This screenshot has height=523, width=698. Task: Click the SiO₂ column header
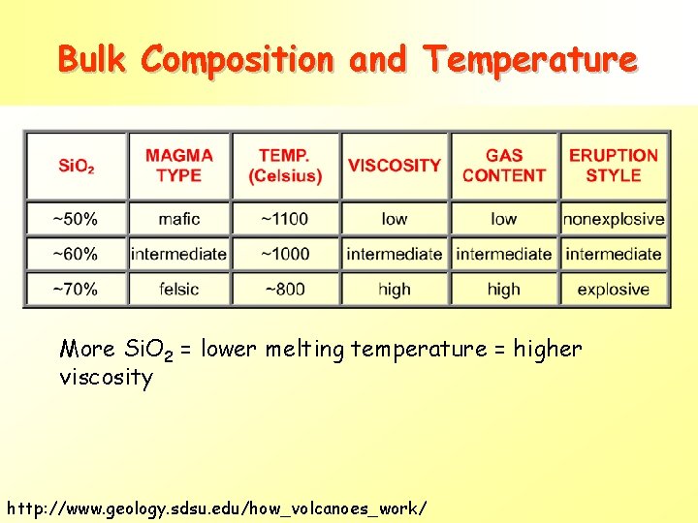77,166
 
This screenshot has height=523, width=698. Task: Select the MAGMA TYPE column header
179,166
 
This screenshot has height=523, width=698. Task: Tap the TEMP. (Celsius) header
285,166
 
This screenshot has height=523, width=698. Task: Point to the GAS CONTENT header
504,166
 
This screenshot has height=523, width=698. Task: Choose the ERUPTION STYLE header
614,166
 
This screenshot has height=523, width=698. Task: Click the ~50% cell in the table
77,219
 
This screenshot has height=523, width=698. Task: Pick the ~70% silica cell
77,289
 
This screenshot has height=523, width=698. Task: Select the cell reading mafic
179,219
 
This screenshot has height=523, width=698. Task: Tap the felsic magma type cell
179,289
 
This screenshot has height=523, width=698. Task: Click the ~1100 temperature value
285,219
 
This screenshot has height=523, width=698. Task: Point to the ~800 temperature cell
285,289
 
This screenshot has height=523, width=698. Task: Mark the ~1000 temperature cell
285,254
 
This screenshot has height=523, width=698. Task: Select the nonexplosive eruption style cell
614,219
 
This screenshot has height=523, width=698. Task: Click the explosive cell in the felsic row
614,289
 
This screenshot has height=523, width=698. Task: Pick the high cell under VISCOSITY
395,289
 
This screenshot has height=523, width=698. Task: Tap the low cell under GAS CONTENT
504,219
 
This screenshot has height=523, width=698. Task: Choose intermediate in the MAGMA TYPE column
179,254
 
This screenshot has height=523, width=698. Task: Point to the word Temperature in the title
530,59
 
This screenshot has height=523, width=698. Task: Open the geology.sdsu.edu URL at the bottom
215,508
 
